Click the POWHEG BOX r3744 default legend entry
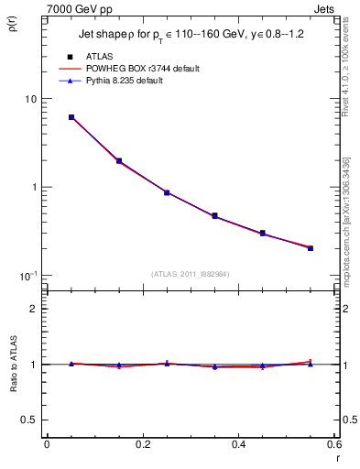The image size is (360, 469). pyautogui.click(x=143, y=69)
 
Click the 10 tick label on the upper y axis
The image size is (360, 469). pyautogui.click(x=29, y=99)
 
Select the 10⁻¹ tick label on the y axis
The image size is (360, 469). pyautogui.click(x=27, y=275)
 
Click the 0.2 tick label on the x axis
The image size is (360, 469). pyautogui.click(x=142, y=444)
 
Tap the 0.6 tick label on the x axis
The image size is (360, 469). pyautogui.click(x=334, y=444)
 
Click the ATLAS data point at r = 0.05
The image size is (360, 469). pyautogui.click(x=71, y=117)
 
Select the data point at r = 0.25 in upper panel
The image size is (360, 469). pyautogui.click(x=167, y=192)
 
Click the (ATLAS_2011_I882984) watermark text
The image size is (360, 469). pyautogui.click(x=191, y=273)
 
